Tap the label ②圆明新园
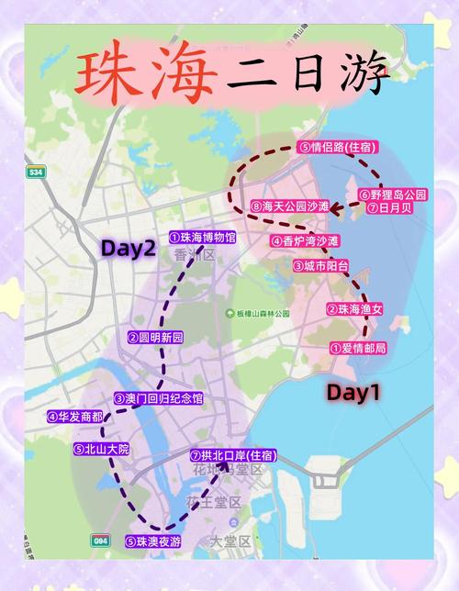[x=155, y=338]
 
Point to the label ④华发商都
[x=74, y=416]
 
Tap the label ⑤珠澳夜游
[x=153, y=541]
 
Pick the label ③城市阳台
[x=321, y=265]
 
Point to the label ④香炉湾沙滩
[x=305, y=240]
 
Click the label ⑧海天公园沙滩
[x=289, y=206]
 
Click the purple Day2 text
[x=128, y=248]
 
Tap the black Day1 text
[x=353, y=392]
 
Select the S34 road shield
[x=36, y=173]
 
